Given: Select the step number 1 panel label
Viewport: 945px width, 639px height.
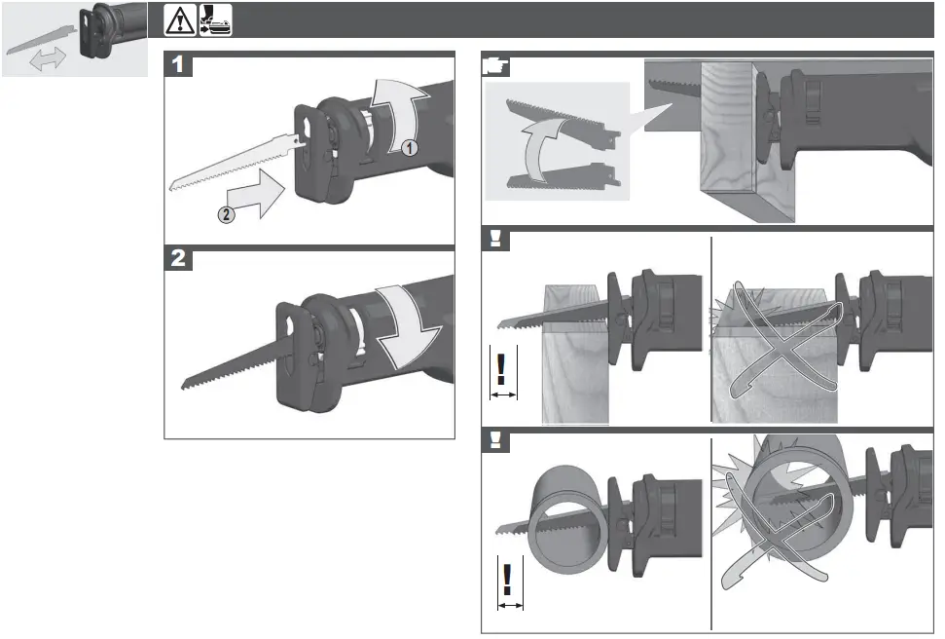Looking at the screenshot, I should tap(178, 65).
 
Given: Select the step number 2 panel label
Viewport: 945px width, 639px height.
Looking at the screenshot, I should tap(178, 260).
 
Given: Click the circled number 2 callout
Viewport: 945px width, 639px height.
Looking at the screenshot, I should tap(225, 216).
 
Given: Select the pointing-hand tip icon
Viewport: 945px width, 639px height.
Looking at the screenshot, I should tap(496, 65).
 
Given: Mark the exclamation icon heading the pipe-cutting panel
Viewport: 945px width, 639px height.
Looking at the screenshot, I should tap(496, 439).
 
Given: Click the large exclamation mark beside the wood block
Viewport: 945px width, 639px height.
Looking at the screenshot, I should tap(502, 368).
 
